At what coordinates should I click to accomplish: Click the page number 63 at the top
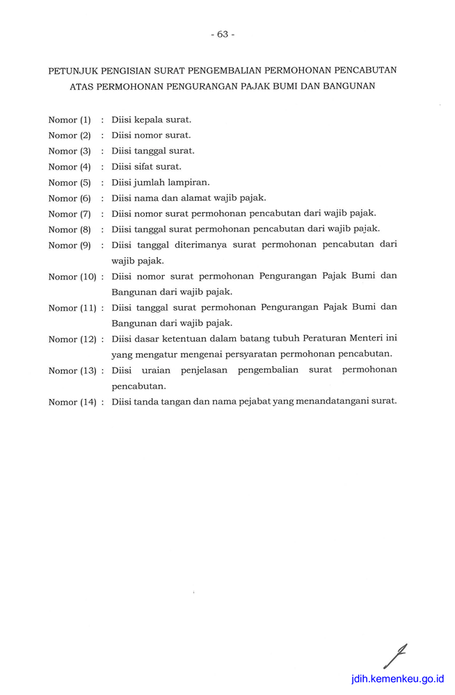[222, 34]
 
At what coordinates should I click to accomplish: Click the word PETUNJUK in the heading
[73, 71]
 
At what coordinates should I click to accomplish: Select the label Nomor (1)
[70, 120]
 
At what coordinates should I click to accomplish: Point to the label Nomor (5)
[70, 183]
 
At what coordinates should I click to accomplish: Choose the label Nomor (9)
[70, 245]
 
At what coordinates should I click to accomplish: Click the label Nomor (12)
[72, 339]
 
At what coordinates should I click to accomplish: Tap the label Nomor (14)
[72, 402]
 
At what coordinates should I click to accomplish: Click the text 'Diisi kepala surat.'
[151, 120]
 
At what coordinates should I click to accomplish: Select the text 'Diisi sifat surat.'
[146, 167]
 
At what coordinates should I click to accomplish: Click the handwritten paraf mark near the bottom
[394, 656]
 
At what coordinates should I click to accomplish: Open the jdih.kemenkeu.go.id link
[397, 679]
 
